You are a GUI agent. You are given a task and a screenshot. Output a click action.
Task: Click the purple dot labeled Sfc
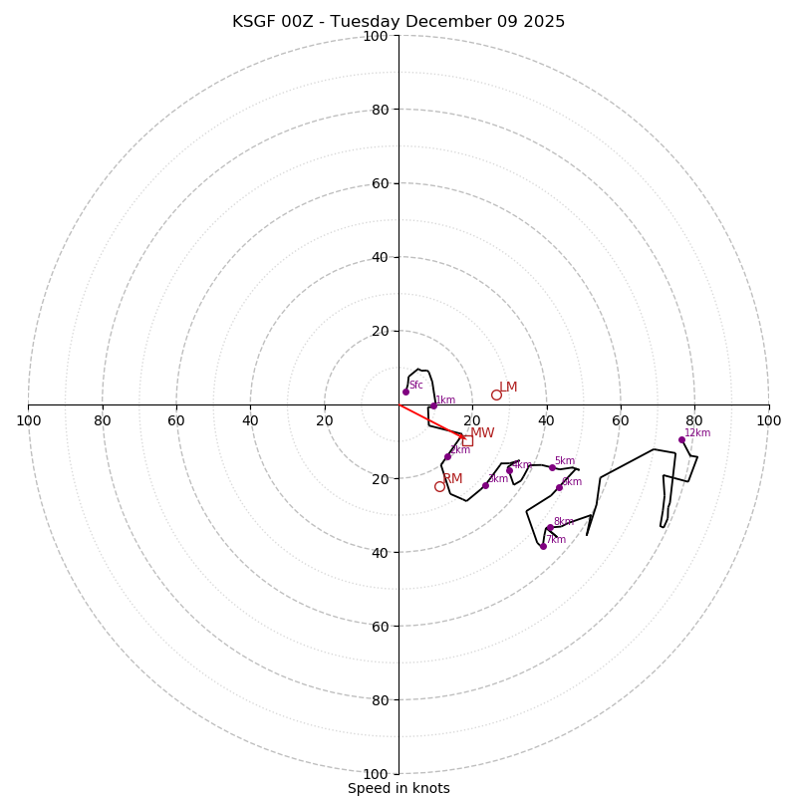pyautogui.click(x=405, y=392)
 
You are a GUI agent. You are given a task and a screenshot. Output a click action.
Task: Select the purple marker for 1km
pyautogui.click(x=433, y=405)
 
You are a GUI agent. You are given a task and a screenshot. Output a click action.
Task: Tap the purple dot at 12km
pyautogui.click(x=682, y=439)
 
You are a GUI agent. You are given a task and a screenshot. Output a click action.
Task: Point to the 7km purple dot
pyautogui.click(x=543, y=546)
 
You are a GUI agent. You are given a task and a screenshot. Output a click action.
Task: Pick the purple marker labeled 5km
pyautogui.click(x=552, y=467)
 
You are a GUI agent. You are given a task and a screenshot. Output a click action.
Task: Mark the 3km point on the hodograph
pyautogui.click(x=485, y=485)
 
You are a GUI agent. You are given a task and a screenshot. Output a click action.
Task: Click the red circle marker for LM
pyautogui.click(x=496, y=395)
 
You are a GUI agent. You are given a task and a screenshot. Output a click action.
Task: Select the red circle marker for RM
pyautogui.click(x=439, y=486)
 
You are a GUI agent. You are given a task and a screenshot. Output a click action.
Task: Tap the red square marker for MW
pyautogui.click(x=467, y=440)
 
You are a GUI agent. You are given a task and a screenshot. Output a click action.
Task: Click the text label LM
pyautogui.click(x=508, y=388)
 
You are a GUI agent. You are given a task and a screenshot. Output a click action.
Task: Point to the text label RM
pyautogui.click(x=452, y=479)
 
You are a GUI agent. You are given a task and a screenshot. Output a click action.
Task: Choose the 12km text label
pyautogui.click(x=697, y=433)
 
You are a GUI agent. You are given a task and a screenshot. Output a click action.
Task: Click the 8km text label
pyautogui.click(x=563, y=521)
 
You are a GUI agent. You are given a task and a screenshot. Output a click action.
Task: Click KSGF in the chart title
pyautogui.click(x=253, y=22)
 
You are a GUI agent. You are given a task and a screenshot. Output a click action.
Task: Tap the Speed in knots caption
pyautogui.click(x=398, y=788)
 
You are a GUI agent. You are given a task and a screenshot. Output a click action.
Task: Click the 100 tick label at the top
pyautogui.click(x=376, y=36)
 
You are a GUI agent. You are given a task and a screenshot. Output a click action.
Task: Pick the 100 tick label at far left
pyautogui.click(x=28, y=420)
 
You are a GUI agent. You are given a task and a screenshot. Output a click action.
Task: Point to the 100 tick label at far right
pyautogui.click(x=769, y=420)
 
